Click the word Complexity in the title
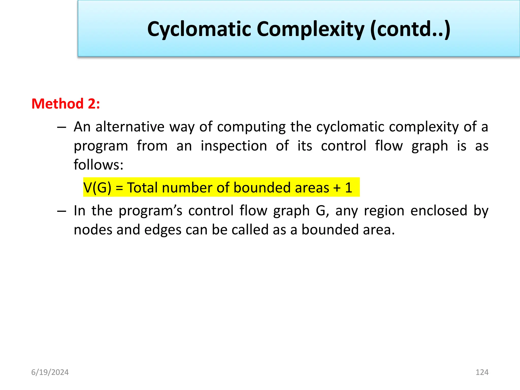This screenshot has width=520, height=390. coord(311,29)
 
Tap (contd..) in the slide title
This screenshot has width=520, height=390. coord(410,29)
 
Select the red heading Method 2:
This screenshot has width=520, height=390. coord(66,104)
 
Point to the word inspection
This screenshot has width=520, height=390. coord(234,146)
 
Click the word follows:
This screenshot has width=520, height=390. coord(99,165)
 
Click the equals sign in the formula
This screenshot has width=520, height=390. coord(119,188)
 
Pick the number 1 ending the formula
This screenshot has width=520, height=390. coord(349,188)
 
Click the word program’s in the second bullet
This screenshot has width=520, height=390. coord(150,211)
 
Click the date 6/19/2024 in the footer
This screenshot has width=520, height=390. coord(50,372)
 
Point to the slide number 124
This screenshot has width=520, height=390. coord(482,372)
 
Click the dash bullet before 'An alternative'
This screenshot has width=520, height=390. coord(61,127)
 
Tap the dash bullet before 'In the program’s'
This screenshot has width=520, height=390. coord(61,211)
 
